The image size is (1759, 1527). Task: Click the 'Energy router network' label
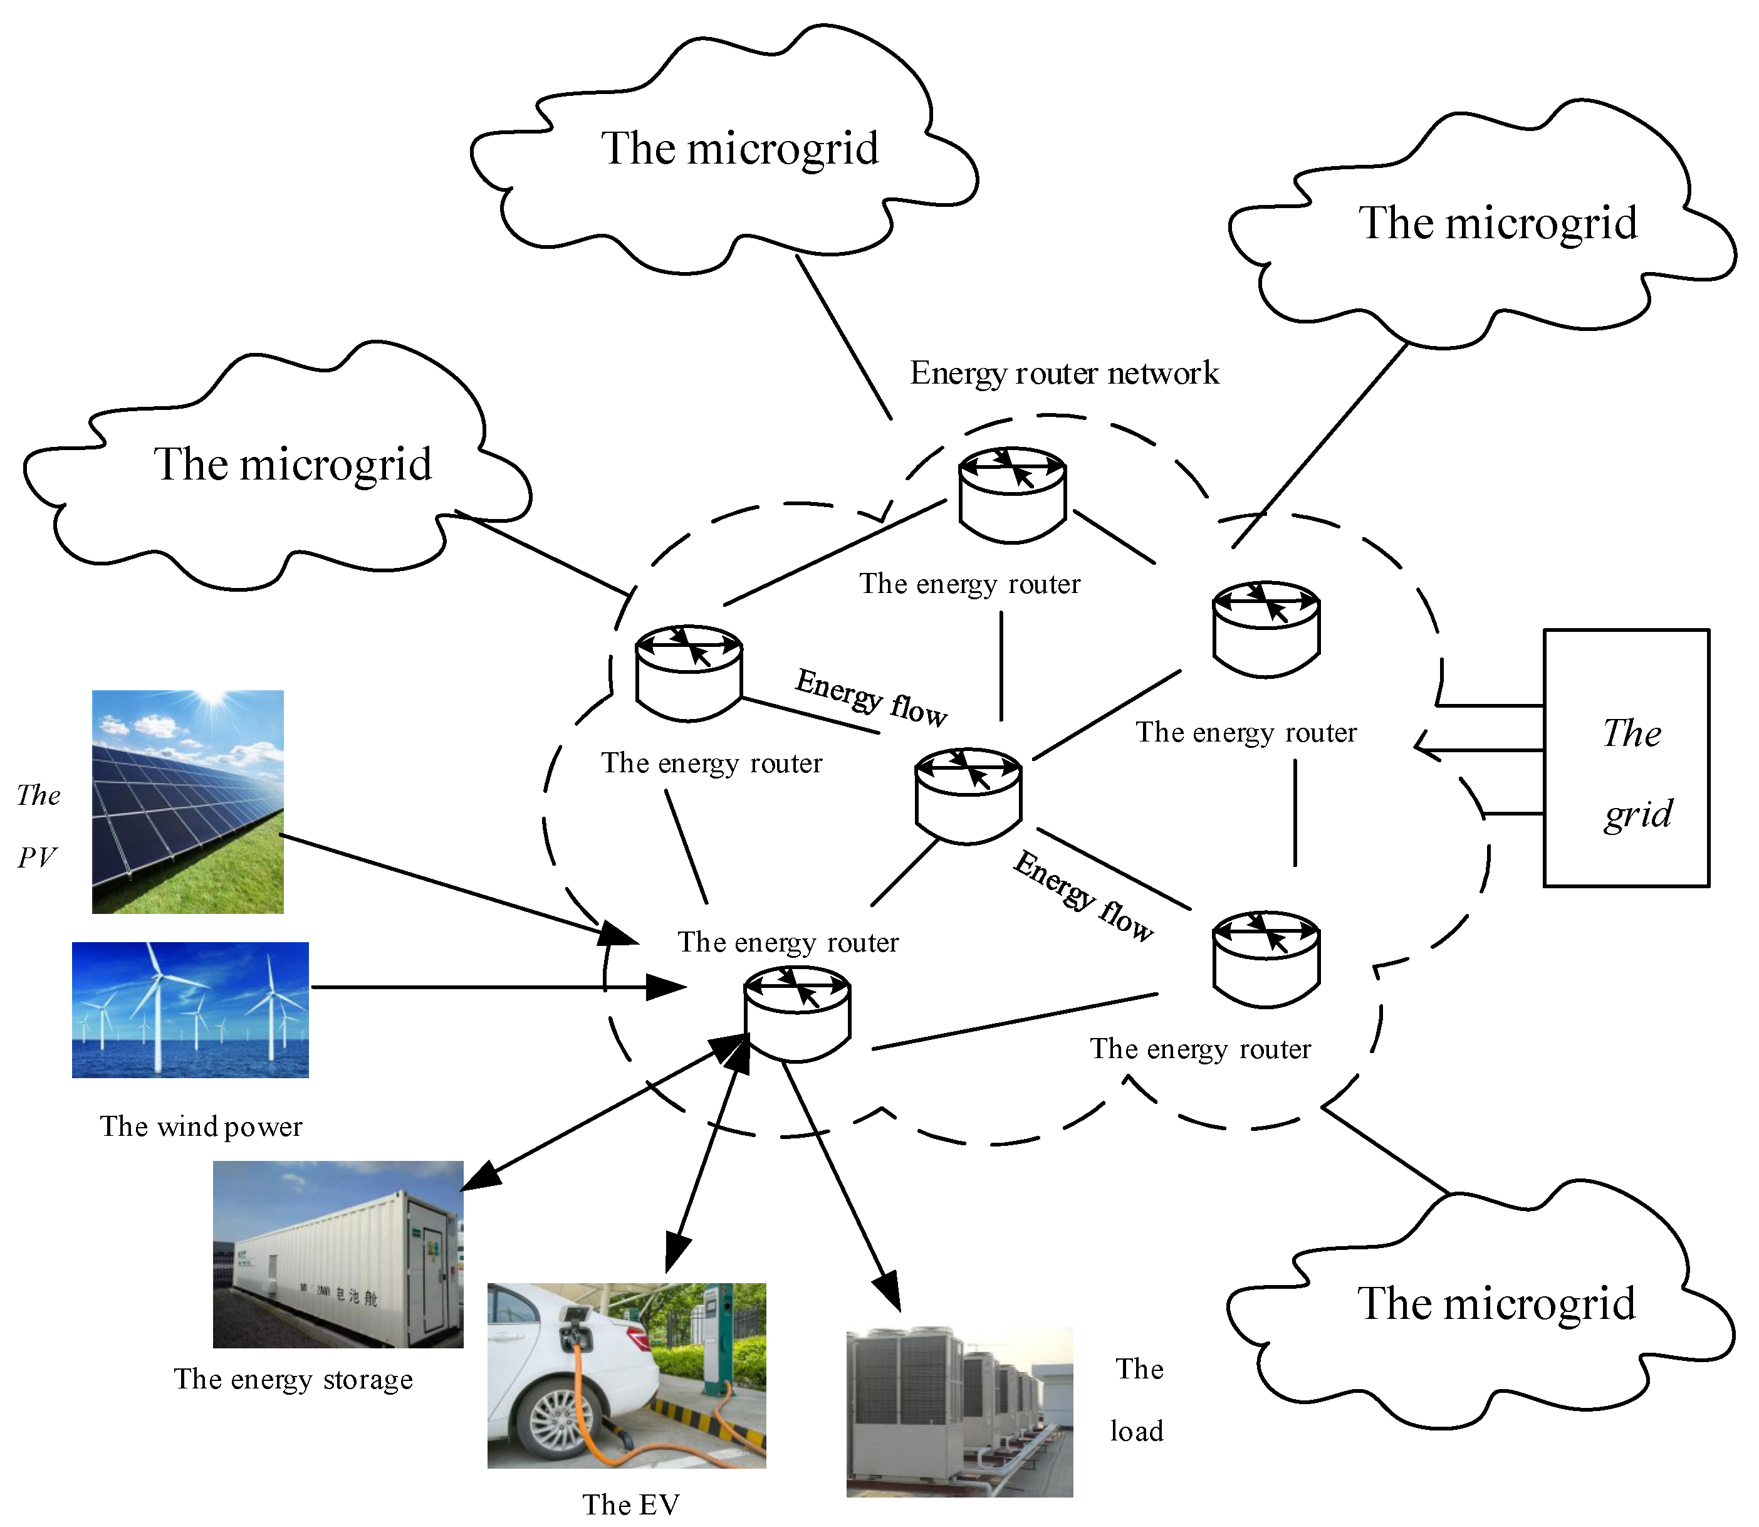tap(1064, 373)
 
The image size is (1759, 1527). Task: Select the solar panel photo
tap(187, 801)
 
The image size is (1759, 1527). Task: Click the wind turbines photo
tap(190, 1009)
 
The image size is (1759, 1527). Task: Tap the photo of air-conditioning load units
tap(959, 1411)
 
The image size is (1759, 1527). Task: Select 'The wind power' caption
tap(201, 1126)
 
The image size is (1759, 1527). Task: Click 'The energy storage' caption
tap(293, 1378)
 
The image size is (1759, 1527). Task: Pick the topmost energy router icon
tap(1012, 494)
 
